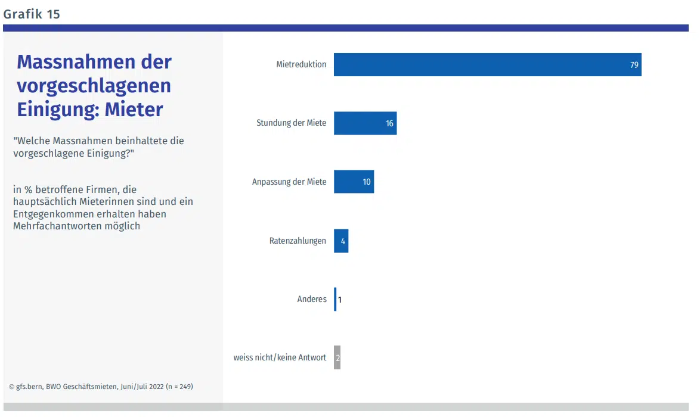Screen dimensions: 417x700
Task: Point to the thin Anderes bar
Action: coord(335,299)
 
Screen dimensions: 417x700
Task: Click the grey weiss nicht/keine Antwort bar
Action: coord(337,357)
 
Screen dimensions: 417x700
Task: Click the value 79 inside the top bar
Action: coord(634,65)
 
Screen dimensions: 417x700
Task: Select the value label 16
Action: coord(389,124)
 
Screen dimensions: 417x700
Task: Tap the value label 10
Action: coord(367,182)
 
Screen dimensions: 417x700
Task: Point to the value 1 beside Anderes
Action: coord(340,300)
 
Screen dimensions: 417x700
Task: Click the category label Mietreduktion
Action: coord(301,64)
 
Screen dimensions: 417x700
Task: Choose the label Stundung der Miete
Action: coord(291,123)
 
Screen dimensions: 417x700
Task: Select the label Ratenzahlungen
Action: coord(298,241)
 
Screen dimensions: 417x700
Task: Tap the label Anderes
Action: coord(312,299)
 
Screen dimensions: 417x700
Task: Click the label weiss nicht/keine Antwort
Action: coord(280,357)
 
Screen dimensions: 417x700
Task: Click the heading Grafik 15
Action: coord(32,14)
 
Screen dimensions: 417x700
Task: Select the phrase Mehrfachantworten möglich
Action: coord(76,226)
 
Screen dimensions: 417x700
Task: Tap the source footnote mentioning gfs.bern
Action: coord(101,387)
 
